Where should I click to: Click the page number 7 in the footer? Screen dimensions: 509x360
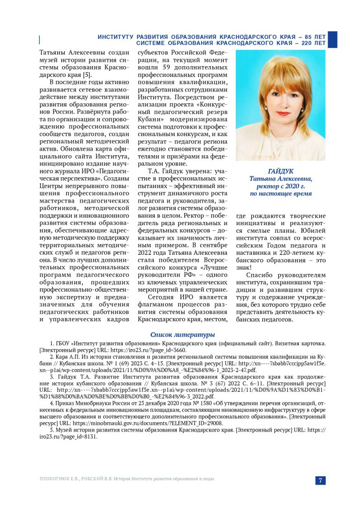pos(320,480)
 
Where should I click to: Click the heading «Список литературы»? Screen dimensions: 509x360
pos(183,334)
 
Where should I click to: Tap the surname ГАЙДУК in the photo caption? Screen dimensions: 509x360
pos(280,171)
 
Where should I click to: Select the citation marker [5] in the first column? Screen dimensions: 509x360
pos(86,75)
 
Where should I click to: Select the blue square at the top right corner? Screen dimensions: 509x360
pos(332,39)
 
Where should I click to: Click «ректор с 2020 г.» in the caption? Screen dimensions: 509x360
pos(280,186)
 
